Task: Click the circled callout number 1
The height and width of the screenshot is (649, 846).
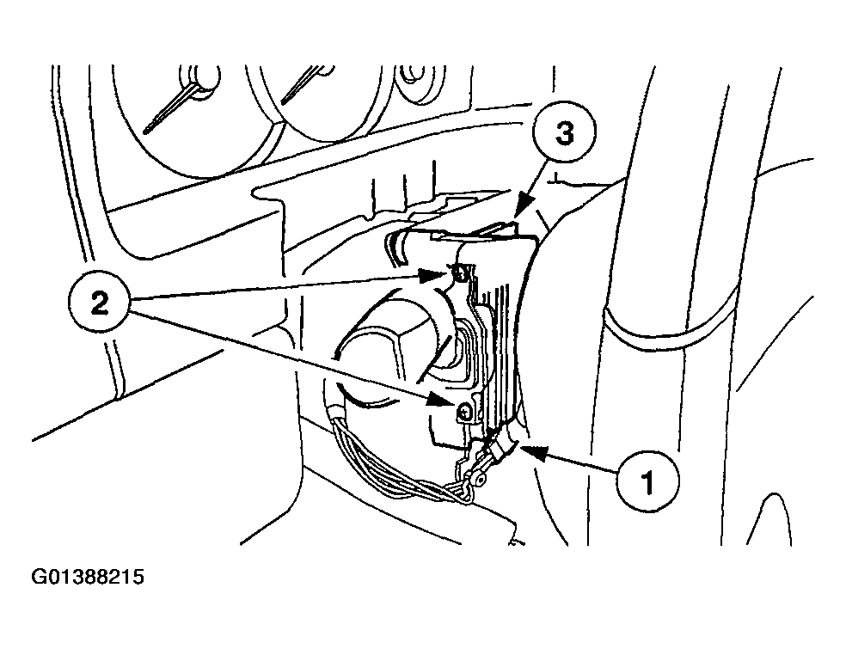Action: (x=648, y=481)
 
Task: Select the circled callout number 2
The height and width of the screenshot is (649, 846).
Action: (x=99, y=303)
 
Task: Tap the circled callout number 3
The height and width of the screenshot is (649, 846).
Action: (x=564, y=132)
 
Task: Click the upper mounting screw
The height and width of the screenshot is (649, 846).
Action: (x=461, y=274)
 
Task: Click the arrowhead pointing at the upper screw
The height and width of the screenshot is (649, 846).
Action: (x=434, y=276)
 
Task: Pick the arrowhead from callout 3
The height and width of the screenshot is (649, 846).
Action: (x=521, y=208)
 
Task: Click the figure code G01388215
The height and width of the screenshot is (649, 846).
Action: (x=88, y=577)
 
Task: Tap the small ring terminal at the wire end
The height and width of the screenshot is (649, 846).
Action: (x=476, y=476)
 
